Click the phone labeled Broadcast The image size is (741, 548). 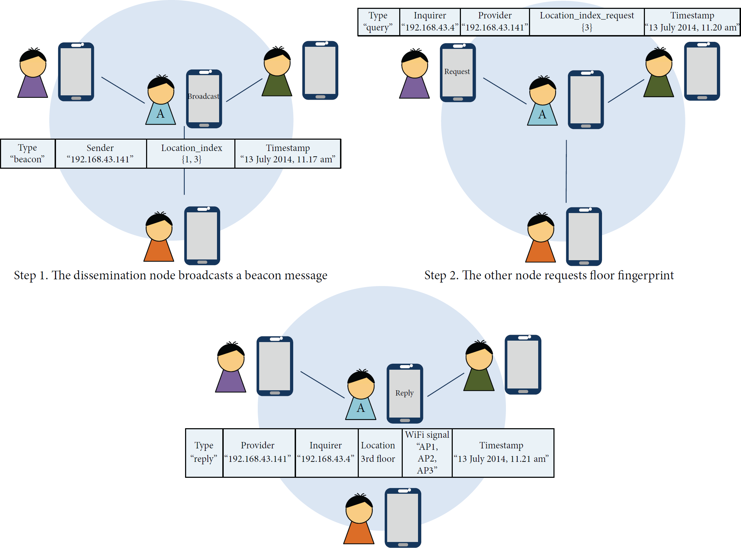click(x=204, y=99)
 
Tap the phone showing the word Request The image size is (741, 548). click(x=458, y=73)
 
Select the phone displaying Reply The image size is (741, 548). click(x=405, y=393)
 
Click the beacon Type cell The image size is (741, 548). click(x=28, y=153)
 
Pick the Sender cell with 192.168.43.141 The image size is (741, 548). click(x=101, y=153)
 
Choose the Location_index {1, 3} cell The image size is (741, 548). click(x=191, y=153)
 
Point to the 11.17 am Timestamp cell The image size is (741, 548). click(x=288, y=153)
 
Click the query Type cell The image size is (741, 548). click(x=379, y=22)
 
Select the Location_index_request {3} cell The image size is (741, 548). click(x=587, y=22)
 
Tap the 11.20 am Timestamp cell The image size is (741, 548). click(x=692, y=22)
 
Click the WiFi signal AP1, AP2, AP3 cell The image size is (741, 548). click(x=427, y=453)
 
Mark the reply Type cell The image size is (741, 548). click(x=204, y=453)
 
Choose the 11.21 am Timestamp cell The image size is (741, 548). click(x=503, y=453)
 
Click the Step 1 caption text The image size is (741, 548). click(x=171, y=275)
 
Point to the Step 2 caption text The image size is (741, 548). click(x=549, y=275)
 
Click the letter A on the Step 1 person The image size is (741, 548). click(x=161, y=114)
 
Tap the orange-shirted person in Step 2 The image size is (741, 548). click(x=541, y=237)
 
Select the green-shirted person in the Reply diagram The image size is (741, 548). click(x=479, y=365)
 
